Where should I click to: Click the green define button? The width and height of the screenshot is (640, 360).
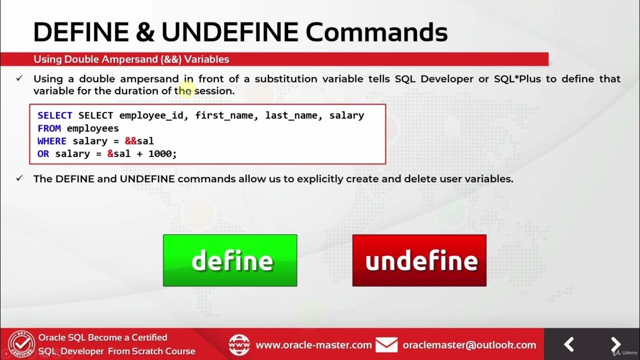(230, 260)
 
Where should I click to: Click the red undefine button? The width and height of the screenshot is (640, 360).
(419, 260)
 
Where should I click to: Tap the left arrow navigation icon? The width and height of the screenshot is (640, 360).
(569, 344)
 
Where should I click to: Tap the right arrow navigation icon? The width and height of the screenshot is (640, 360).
(615, 344)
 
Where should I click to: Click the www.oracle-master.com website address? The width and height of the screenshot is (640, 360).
(313, 345)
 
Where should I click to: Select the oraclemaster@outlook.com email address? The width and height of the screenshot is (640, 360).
(469, 345)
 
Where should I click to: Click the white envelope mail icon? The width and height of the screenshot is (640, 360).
(386, 345)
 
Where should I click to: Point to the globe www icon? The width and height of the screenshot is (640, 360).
(239, 345)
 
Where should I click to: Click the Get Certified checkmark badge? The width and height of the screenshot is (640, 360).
(18, 344)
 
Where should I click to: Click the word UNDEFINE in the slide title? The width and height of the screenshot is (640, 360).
(229, 32)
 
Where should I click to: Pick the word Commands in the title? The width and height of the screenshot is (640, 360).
(376, 32)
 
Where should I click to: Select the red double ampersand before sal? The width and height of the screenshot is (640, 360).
(130, 141)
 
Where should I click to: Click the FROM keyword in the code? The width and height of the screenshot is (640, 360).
(49, 128)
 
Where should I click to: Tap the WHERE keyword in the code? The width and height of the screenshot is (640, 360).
(52, 141)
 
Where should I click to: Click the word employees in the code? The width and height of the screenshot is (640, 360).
(92, 128)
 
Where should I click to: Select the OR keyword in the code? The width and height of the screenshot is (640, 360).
(43, 154)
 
